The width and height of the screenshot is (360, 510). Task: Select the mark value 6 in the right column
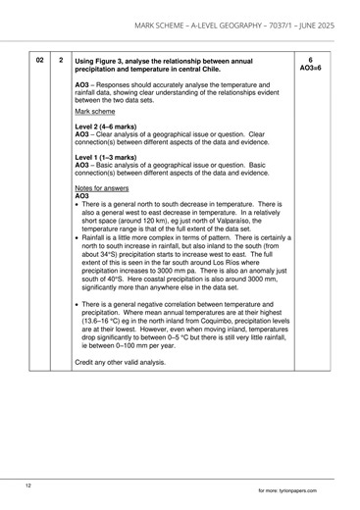click(310, 60)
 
